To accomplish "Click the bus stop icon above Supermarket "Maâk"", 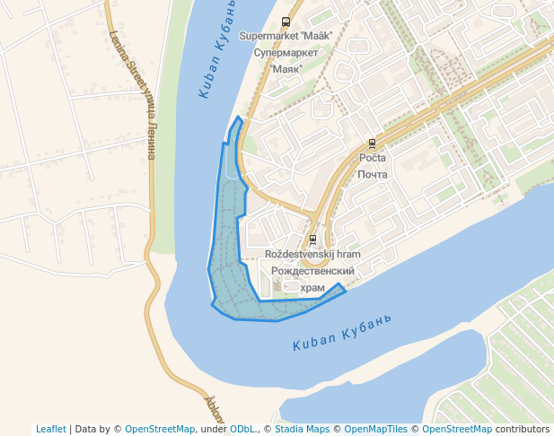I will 286,22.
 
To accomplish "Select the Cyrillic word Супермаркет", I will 286,53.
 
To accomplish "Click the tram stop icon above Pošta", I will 372,143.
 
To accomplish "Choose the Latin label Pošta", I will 372,158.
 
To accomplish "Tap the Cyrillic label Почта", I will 372,174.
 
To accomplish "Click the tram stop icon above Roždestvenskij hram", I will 312,240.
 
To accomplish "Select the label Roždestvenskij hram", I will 313,255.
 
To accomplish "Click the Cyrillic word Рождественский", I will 313,271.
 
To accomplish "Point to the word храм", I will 313,287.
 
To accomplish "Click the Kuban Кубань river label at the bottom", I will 343,333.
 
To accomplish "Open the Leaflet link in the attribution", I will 50,429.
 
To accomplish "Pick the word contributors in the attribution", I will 523,429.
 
